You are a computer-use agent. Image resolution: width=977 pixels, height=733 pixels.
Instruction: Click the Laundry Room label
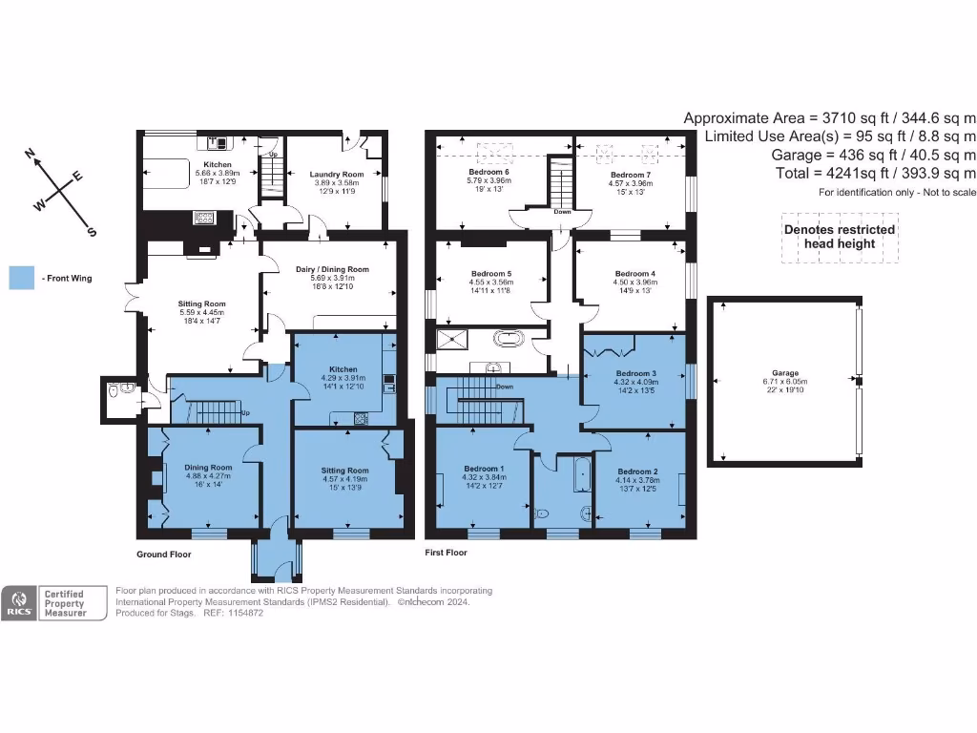click(337, 175)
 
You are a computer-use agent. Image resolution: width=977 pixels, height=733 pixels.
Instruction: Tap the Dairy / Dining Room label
click(331, 269)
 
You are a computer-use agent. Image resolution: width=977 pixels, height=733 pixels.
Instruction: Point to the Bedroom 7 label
click(630, 176)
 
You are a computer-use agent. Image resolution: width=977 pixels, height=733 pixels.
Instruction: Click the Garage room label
click(785, 373)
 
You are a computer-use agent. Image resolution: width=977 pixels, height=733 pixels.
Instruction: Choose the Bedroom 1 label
click(484, 469)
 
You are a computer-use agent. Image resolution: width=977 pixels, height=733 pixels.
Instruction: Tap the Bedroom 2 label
click(637, 471)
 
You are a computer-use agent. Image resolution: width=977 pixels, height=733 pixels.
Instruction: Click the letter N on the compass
click(31, 154)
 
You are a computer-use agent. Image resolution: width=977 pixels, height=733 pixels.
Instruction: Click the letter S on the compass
click(92, 232)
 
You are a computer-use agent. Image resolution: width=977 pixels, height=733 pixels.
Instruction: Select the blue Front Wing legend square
click(21, 278)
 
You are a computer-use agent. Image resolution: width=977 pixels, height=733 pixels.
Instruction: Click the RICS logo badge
click(19, 603)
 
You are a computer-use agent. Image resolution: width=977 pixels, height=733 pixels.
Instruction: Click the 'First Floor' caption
click(447, 553)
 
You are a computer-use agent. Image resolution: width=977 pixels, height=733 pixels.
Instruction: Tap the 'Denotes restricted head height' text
click(839, 236)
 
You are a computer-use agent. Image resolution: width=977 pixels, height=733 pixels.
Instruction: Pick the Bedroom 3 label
click(635, 373)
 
